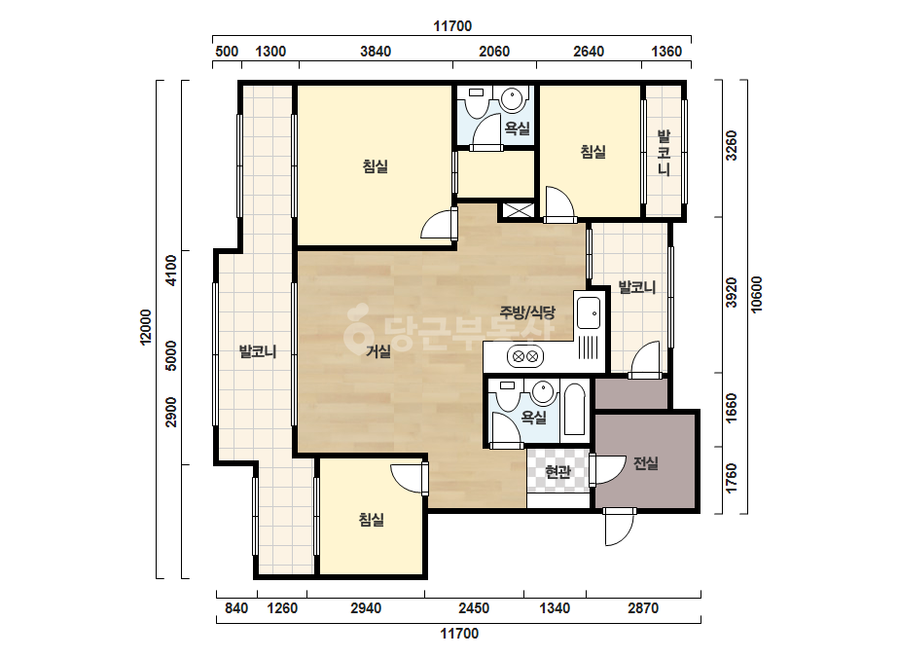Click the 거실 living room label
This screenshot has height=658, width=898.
[378, 350]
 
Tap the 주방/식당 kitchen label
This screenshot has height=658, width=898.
[527, 312]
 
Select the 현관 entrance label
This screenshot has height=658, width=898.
[557, 472]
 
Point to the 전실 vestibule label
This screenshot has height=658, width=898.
[645, 463]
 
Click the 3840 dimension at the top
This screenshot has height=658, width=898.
[376, 52]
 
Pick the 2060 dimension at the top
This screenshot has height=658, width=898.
[494, 52]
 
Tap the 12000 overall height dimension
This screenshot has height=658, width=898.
[146, 327]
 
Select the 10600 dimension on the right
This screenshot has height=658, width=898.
[757, 295]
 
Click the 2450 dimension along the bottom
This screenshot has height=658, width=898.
[474, 608]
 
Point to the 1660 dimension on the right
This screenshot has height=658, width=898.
[732, 408]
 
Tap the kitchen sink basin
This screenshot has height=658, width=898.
[589, 313]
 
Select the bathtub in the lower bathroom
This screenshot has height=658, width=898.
[574, 409]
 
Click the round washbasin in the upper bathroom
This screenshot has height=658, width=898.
[514, 98]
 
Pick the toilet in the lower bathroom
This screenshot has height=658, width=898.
[506, 396]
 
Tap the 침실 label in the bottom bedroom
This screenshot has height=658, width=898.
[371, 520]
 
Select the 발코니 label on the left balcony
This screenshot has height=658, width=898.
[258, 351]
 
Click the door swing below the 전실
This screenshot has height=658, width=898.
[620, 528]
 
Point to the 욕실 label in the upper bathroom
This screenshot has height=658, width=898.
[517, 128]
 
